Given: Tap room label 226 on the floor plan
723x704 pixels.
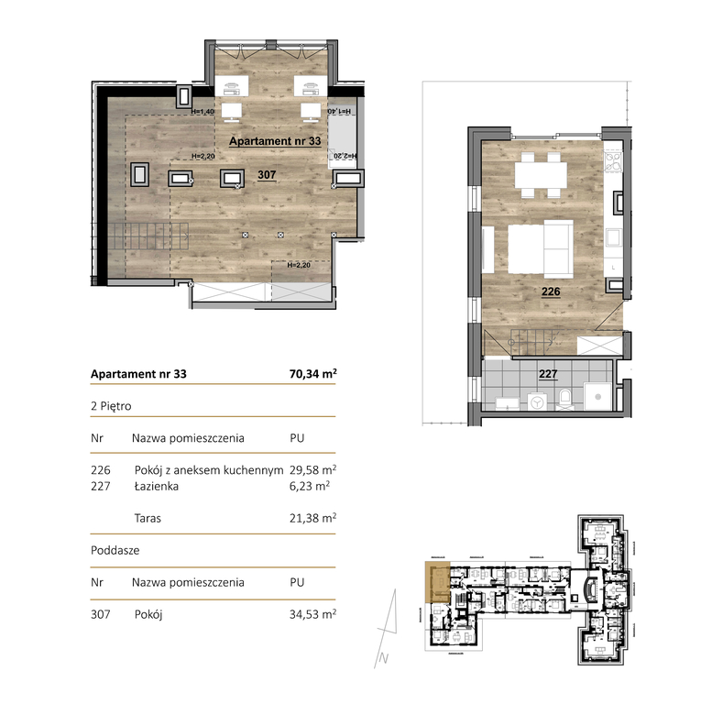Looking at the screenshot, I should [x=550, y=292].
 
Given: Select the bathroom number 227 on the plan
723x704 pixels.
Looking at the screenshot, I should [x=548, y=373].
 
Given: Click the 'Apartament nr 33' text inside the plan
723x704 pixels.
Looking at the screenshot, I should [x=274, y=142].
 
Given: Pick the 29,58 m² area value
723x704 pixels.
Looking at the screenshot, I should [x=312, y=469].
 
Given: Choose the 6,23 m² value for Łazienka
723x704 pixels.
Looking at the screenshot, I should [x=309, y=487].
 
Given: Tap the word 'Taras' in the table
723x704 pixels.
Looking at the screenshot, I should [x=147, y=518].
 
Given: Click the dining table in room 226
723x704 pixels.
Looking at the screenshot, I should [x=539, y=174].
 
